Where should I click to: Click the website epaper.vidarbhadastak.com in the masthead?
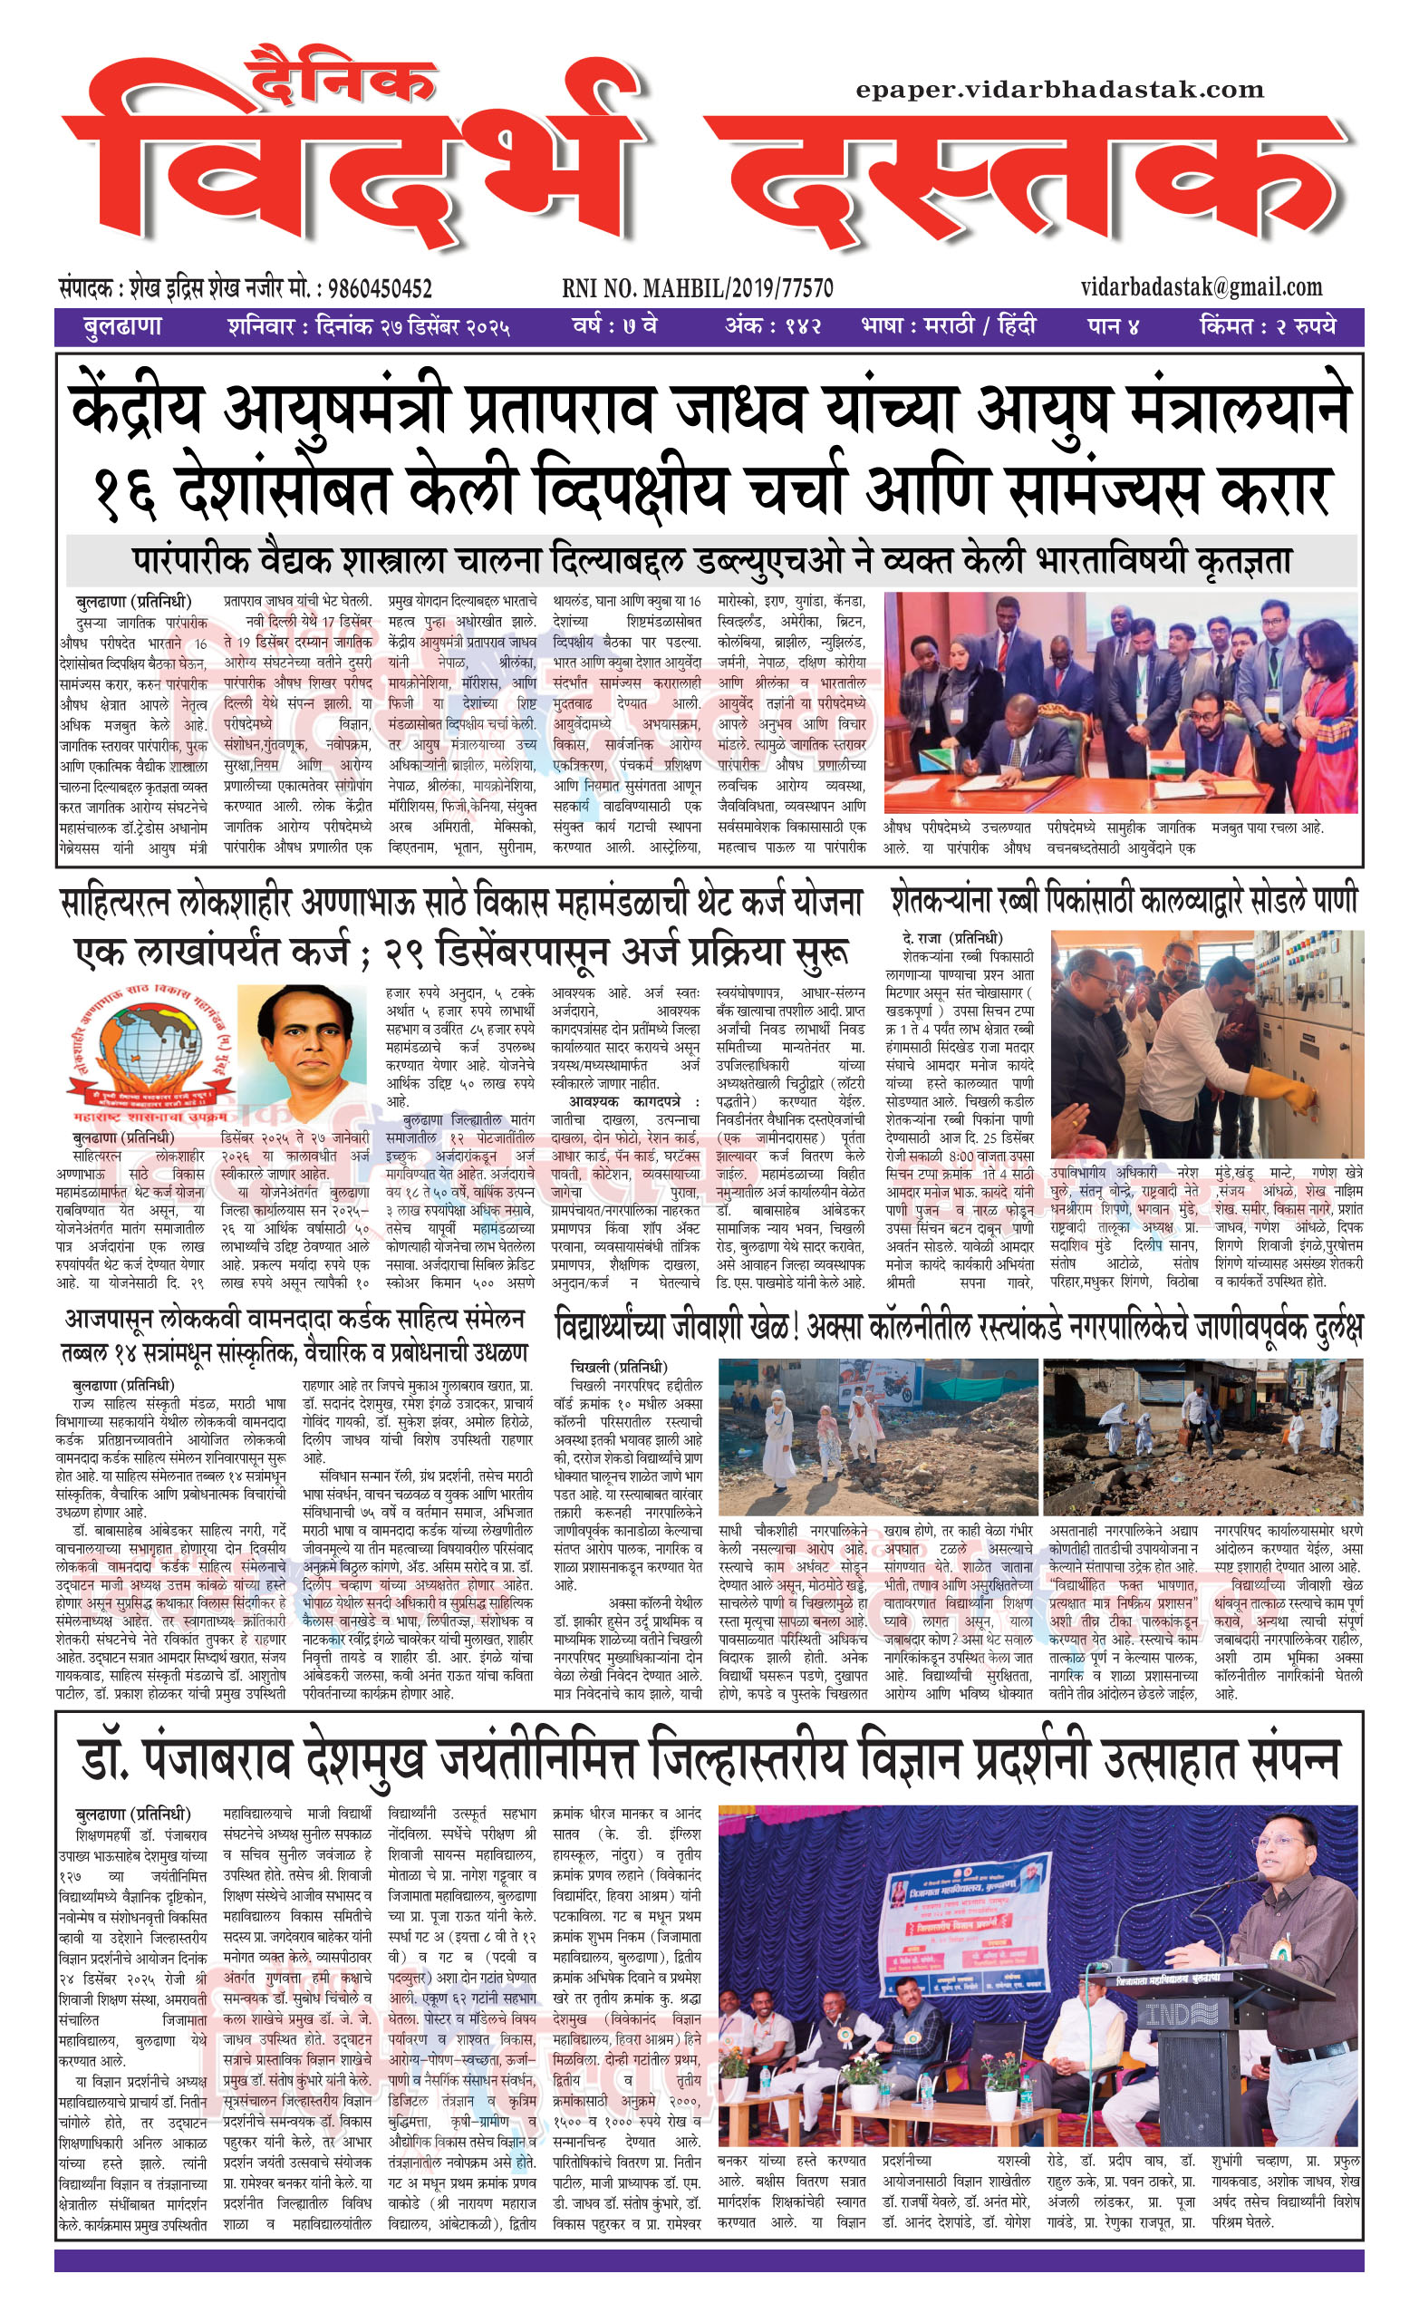1059,90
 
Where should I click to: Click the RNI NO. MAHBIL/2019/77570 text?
698,288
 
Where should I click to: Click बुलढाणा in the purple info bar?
122,327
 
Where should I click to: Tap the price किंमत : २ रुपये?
1267,327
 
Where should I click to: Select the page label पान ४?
1113,327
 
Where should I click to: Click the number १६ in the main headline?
126,490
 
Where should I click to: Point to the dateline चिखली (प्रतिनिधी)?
619,1367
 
